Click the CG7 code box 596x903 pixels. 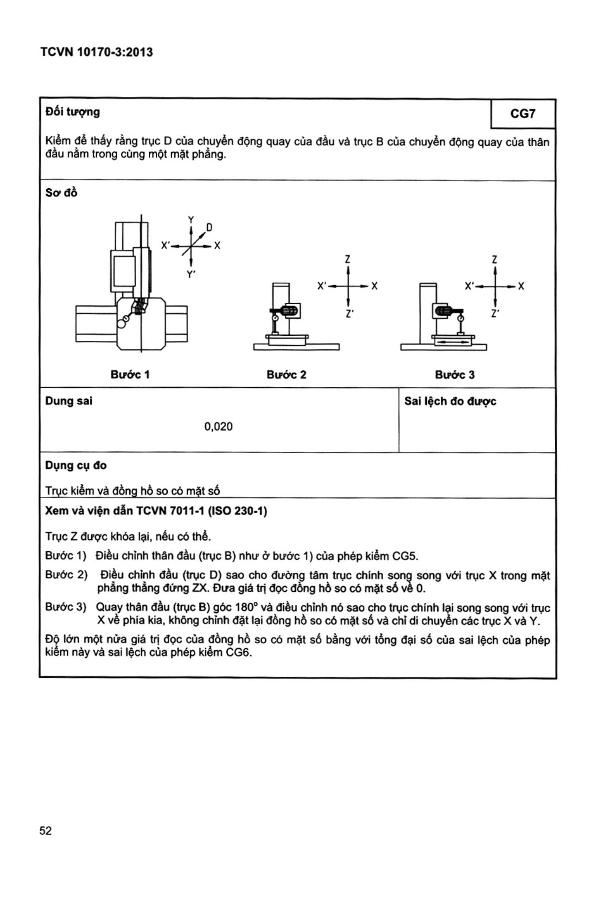coord(523,113)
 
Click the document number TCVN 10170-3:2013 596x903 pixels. coord(96,52)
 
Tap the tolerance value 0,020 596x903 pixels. coord(218,427)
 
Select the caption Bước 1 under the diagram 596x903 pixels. coord(130,374)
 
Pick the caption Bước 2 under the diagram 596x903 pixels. coord(286,374)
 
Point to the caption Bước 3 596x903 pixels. coord(455,374)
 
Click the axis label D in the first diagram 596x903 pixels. coord(209,227)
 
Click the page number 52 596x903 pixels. coord(45,830)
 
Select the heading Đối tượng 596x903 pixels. coord(73,112)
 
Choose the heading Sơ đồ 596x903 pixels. coord(61,193)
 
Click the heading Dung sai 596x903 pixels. coord(69,401)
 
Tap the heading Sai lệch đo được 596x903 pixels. coord(450,401)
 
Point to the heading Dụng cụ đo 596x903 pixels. coord(76,466)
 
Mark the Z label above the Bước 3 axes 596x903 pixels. coord(495,260)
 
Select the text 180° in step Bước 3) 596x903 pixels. coord(244,607)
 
